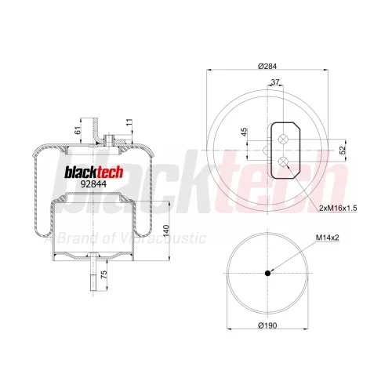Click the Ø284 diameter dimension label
pos(267,66)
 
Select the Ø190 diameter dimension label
pos(267,325)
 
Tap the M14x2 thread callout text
pos(328,238)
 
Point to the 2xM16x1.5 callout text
pos(338,209)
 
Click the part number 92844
pos(93,184)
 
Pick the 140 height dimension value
pos(166,230)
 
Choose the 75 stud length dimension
pos(103,274)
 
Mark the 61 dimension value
pos(78,130)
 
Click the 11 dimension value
pos(129,122)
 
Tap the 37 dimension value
pos(275,82)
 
